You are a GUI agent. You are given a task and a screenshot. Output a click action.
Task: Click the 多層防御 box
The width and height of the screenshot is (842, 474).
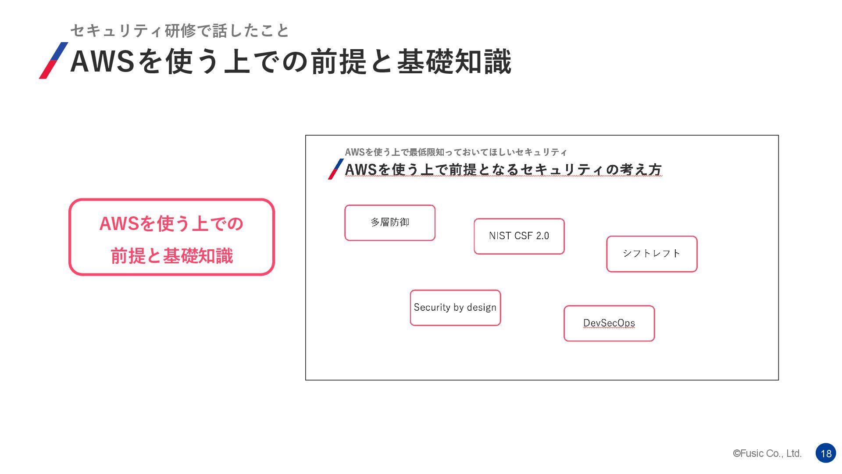[x=390, y=223]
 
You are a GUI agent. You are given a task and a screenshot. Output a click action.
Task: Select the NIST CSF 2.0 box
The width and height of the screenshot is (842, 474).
[x=519, y=236]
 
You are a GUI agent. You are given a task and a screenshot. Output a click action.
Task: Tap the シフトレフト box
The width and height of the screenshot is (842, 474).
[x=652, y=254]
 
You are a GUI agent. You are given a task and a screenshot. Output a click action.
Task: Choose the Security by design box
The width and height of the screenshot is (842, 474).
[x=455, y=308]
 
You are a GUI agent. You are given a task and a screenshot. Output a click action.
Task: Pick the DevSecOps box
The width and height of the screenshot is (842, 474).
[x=609, y=323]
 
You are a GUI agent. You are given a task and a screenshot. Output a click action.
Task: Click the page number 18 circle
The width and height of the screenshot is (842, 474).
[x=826, y=453]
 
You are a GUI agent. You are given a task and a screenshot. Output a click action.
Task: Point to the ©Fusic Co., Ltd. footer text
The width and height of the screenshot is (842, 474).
[x=767, y=453]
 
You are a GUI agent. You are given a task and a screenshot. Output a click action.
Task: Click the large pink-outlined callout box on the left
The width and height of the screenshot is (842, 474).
[x=171, y=237]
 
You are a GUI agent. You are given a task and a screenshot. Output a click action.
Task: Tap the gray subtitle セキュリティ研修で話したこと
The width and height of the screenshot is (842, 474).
[x=180, y=31]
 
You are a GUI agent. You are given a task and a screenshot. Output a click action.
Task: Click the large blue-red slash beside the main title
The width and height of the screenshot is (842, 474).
[x=54, y=61]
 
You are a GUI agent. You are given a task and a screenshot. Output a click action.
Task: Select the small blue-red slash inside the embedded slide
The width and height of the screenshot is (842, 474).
[x=335, y=169]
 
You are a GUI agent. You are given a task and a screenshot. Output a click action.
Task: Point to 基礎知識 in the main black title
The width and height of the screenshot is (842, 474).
[x=454, y=61]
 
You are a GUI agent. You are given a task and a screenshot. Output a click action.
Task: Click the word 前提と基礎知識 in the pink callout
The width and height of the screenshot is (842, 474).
[x=171, y=256]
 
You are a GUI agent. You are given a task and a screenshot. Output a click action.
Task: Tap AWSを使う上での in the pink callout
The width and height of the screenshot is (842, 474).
[x=171, y=224]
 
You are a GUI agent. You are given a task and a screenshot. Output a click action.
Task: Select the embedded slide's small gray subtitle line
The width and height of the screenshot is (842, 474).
[x=456, y=152]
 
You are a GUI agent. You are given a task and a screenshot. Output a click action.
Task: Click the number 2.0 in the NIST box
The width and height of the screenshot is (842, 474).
[x=542, y=236]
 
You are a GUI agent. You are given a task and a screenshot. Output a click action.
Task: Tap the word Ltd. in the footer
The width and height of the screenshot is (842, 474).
[x=794, y=453]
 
